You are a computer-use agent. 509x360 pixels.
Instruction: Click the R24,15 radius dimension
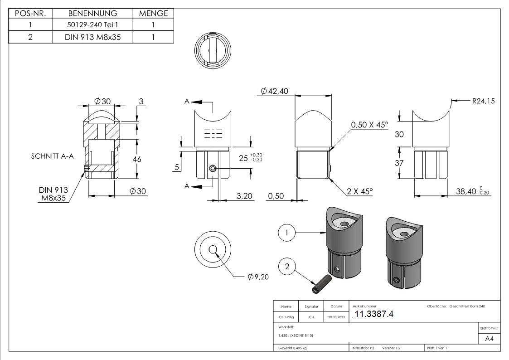pyautogui.click(x=483, y=101)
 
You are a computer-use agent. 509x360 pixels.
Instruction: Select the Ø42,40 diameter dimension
pyautogui.click(x=275, y=91)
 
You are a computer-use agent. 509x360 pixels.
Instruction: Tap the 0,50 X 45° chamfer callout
pyautogui.click(x=369, y=125)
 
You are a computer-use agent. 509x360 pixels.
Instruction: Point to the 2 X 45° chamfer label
pyautogui.click(x=360, y=191)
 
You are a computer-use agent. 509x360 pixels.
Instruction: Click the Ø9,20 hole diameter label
pyautogui.click(x=258, y=277)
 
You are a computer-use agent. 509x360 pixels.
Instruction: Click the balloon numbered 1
pyautogui.click(x=286, y=233)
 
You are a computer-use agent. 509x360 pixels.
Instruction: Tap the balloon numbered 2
pyautogui.click(x=286, y=267)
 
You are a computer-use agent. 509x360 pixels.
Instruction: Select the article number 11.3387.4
pyautogui.click(x=374, y=314)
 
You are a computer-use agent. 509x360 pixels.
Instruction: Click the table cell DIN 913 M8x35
pyautogui.click(x=92, y=37)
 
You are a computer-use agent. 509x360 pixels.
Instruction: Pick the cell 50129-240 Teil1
pyautogui.click(x=92, y=25)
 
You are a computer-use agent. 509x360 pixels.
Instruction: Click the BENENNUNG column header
pyautogui.click(x=92, y=13)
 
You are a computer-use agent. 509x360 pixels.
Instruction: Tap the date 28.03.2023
pyautogui.click(x=336, y=317)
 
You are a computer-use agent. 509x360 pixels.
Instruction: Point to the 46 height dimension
pyautogui.click(x=137, y=159)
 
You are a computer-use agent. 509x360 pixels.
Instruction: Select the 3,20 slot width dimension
pyautogui.click(x=245, y=195)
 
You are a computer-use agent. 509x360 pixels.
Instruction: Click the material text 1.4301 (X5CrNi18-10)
pyautogui.click(x=296, y=335)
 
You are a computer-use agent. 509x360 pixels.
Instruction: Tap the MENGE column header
pyautogui.click(x=153, y=13)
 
